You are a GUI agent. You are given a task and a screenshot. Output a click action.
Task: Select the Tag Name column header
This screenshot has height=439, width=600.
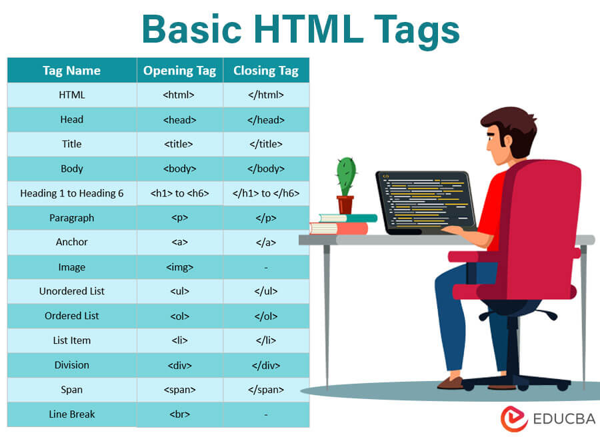(x=71, y=71)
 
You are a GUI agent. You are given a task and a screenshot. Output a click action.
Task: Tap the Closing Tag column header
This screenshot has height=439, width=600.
(x=265, y=71)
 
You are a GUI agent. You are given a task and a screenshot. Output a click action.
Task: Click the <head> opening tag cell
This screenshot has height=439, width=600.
(x=179, y=120)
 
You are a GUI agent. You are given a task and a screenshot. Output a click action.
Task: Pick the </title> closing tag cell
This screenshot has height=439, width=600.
(x=265, y=144)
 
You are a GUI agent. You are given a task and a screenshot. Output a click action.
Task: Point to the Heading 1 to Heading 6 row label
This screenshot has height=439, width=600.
(x=71, y=193)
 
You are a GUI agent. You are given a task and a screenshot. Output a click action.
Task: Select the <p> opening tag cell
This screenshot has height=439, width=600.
(x=179, y=218)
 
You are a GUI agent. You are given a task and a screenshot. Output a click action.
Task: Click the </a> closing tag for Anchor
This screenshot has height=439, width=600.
(x=265, y=242)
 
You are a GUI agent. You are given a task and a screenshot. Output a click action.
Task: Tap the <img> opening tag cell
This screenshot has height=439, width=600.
(x=179, y=267)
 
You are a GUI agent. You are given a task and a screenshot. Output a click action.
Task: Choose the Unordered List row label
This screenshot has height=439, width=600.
(x=71, y=291)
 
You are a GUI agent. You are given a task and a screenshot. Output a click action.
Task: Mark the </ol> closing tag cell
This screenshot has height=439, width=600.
(x=265, y=316)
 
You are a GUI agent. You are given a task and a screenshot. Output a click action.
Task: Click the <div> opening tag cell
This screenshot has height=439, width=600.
(x=179, y=365)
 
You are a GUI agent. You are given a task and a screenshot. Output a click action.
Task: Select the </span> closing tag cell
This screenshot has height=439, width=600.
(x=265, y=390)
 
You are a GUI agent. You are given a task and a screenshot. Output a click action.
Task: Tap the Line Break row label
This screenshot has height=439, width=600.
(x=71, y=414)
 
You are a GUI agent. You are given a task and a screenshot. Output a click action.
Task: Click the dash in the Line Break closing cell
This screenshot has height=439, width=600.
(x=265, y=414)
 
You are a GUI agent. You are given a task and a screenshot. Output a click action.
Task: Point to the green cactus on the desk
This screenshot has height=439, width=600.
(x=345, y=177)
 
